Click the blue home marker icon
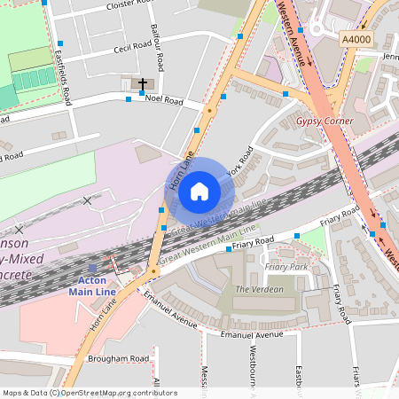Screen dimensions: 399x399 (199, 192)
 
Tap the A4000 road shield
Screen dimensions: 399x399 (356, 39)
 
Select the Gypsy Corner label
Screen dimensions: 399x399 (325, 121)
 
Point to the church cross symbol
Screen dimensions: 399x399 (142, 83)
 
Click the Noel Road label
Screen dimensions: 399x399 (163, 101)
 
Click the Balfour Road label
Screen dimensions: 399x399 (159, 50)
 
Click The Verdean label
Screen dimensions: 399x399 (259, 289)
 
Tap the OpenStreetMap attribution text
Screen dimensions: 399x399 (89, 393)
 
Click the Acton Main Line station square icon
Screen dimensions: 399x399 (92, 268)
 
